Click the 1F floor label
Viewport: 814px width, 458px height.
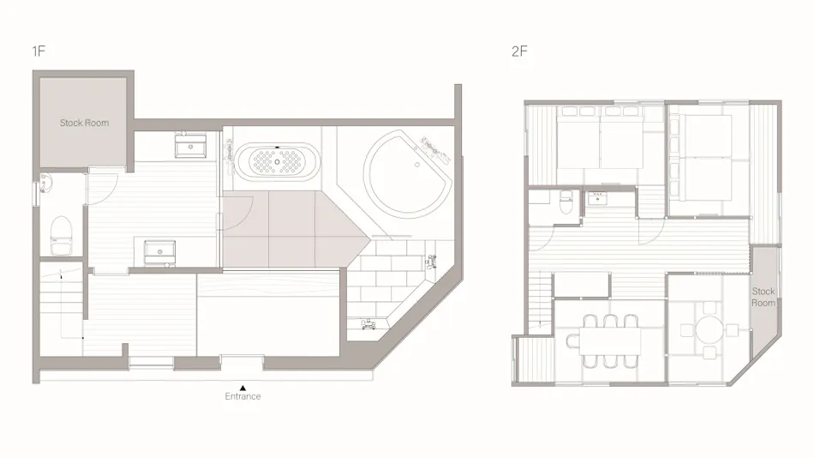(x=39, y=51)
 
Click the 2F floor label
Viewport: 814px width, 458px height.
(x=519, y=51)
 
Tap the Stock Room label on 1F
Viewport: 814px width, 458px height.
(x=84, y=123)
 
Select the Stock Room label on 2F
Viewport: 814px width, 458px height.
(x=763, y=297)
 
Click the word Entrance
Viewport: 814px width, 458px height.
(x=242, y=396)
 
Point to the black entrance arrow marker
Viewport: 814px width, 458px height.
(x=242, y=388)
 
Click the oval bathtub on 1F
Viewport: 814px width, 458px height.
(x=278, y=162)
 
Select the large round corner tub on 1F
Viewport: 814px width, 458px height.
(x=408, y=173)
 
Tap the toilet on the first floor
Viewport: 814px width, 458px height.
(x=61, y=236)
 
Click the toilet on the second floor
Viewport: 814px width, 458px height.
(x=566, y=202)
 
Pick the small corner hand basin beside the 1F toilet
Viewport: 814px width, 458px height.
(x=45, y=183)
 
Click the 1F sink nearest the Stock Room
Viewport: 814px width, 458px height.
(x=190, y=146)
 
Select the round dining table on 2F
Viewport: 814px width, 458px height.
(x=709, y=329)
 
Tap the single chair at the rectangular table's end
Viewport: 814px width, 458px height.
(x=572, y=341)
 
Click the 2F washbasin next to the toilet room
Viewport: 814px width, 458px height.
(x=597, y=198)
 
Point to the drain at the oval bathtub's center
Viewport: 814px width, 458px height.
(x=278, y=162)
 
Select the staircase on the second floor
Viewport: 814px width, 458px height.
(x=541, y=303)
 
